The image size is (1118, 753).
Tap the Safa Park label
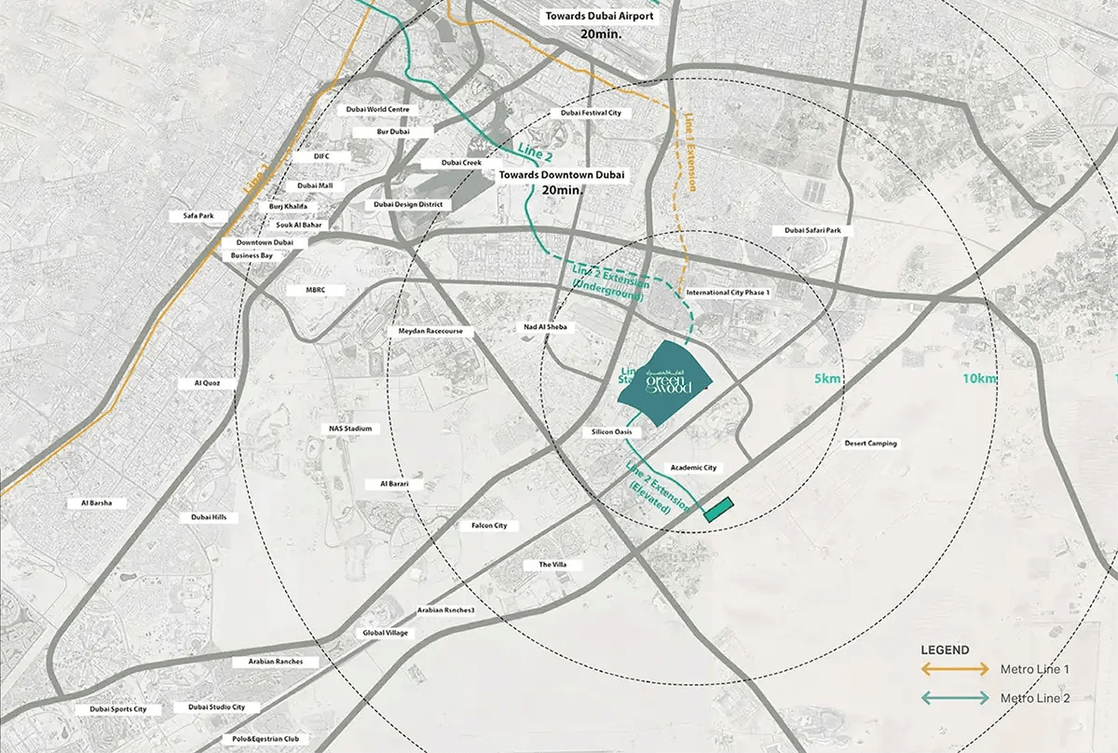click(198, 216)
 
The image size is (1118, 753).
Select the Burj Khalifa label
click(288, 206)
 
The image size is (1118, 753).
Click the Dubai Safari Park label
click(812, 230)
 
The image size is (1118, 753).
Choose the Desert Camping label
click(870, 444)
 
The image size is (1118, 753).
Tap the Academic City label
click(693, 468)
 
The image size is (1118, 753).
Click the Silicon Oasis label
click(612, 432)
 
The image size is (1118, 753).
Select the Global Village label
click(385, 633)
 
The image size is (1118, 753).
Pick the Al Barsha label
click(96, 503)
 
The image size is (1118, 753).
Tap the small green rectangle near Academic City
click(718, 509)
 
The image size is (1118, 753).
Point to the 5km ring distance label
click(826, 378)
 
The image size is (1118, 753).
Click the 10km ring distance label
click(980, 378)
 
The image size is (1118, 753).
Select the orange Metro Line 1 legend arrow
click(955, 669)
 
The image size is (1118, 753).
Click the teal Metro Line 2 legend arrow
click(955, 698)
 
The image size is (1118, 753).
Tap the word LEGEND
click(945, 650)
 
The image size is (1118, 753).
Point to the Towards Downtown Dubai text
click(562, 174)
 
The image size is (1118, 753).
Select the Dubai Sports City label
click(118, 709)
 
